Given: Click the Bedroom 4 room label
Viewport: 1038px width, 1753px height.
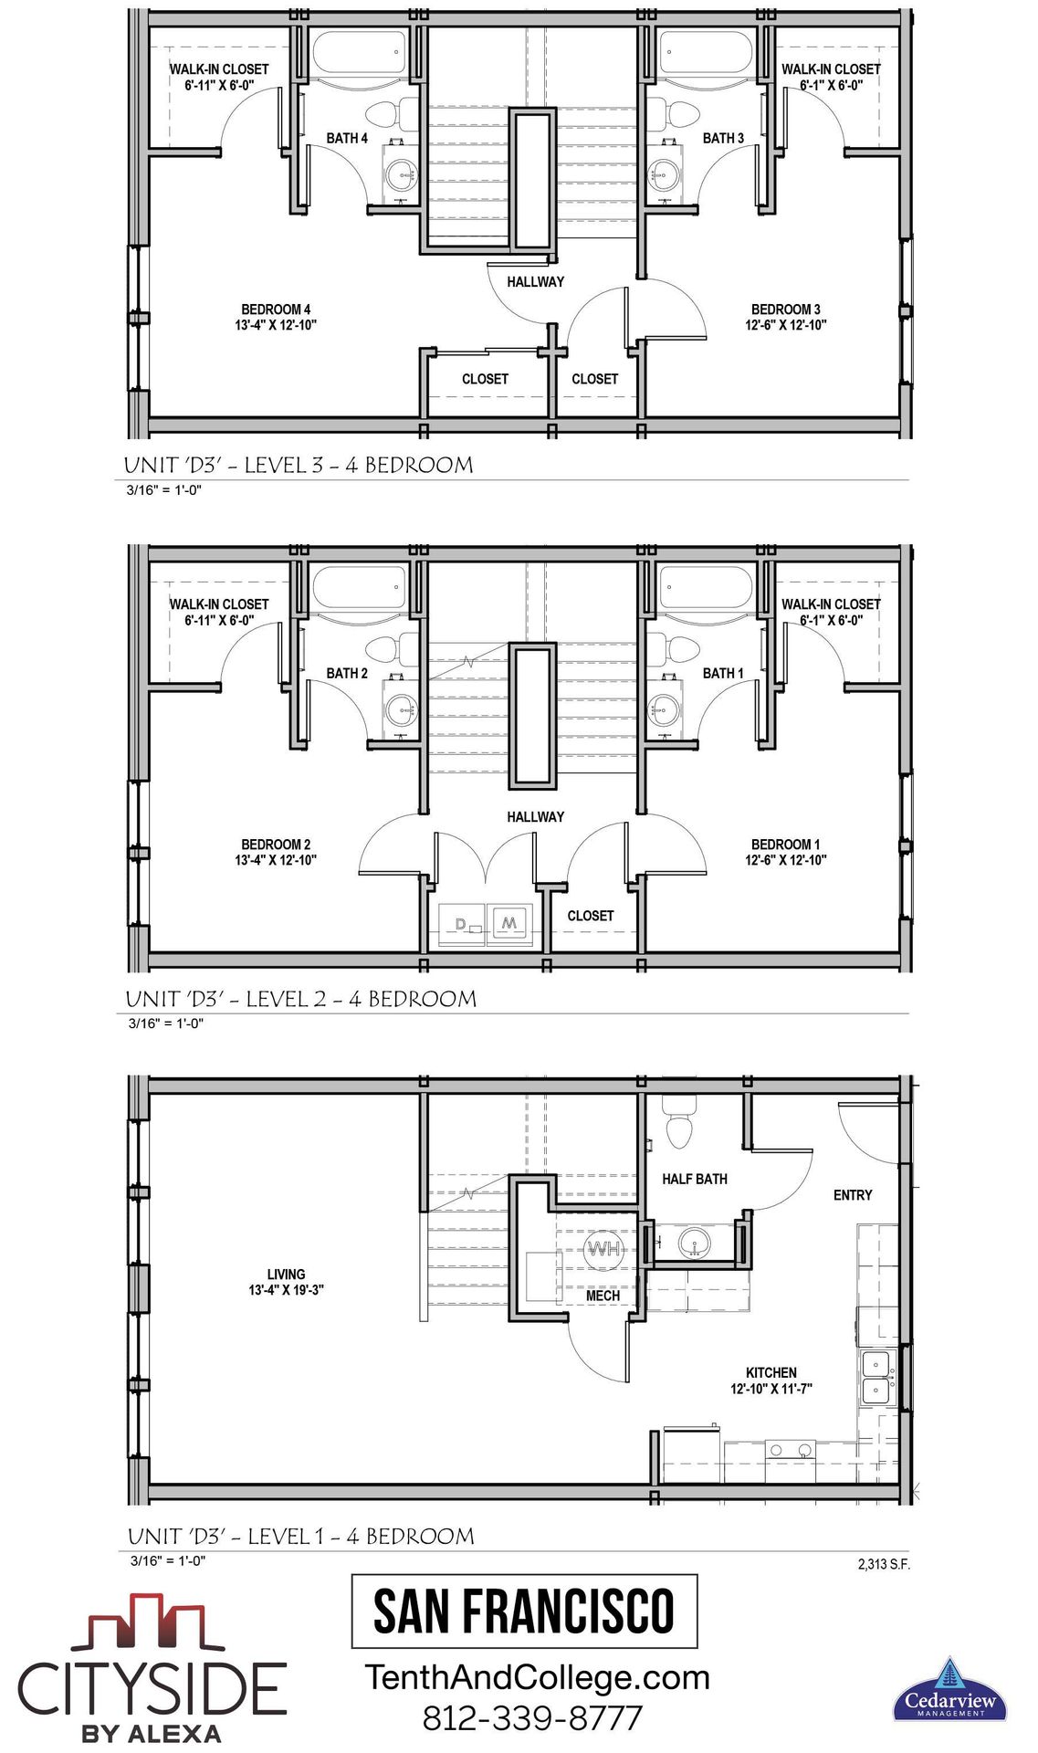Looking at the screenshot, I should pyautogui.click(x=276, y=317).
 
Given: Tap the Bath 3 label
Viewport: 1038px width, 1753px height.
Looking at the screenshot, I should pyautogui.click(x=723, y=138).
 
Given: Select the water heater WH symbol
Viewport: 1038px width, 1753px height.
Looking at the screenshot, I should pyautogui.click(x=603, y=1248).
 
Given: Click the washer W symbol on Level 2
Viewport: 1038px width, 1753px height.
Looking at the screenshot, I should pyautogui.click(x=509, y=923).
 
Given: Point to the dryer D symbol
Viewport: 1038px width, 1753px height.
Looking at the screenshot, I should pyautogui.click(x=461, y=924).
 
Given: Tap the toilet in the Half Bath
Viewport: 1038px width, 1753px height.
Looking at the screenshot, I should pyautogui.click(x=680, y=1122).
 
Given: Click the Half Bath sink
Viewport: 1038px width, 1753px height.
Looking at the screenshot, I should pyautogui.click(x=695, y=1243).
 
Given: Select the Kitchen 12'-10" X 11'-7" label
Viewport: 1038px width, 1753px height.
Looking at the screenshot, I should pyautogui.click(x=771, y=1380).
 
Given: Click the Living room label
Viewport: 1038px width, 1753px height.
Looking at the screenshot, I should pyautogui.click(x=286, y=1282).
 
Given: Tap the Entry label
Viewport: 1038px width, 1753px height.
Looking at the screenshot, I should pyautogui.click(x=853, y=1195).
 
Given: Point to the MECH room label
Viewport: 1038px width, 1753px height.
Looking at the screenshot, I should pyautogui.click(x=603, y=1296).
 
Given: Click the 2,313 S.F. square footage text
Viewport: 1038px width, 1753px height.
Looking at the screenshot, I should pyautogui.click(x=884, y=1564).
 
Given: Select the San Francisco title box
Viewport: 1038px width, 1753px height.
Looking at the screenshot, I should pyautogui.click(x=524, y=1611).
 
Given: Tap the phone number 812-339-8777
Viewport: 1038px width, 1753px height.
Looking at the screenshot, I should pyautogui.click(x=532, y=1717).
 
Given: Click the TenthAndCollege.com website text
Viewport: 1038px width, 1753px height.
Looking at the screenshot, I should pyautogui.click(x=537, y=1677).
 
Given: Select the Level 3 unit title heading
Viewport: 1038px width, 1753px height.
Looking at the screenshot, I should pyautogui.click(x=299, y=465).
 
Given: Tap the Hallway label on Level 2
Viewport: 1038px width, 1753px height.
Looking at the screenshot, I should pyautogui.click(x=535, y=817).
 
